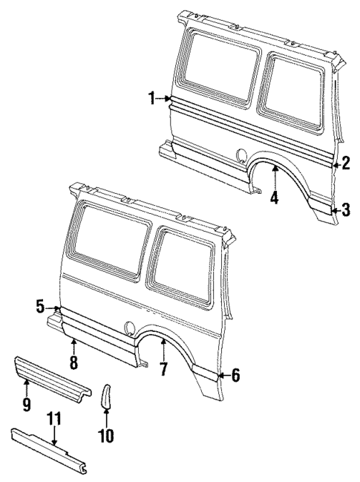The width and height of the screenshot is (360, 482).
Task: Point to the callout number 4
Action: (275, 198)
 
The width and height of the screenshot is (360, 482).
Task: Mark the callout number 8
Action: (73, 363)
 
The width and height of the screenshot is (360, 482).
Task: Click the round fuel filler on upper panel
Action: (241, 155)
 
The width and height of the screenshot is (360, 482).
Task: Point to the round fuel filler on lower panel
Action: (131, 325)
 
